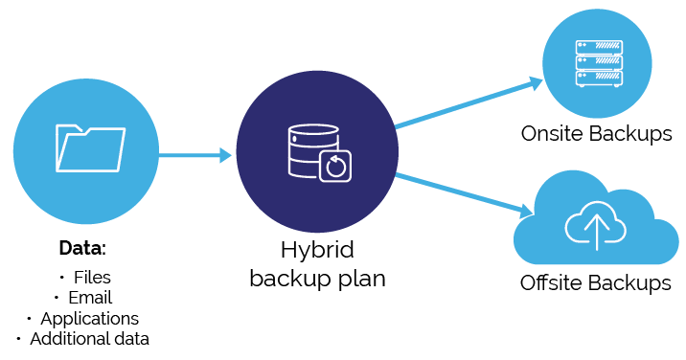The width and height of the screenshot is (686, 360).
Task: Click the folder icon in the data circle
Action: point(91,148)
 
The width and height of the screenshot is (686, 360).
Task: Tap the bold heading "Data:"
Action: point(82,248)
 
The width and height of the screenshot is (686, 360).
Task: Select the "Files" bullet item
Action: point(92,278)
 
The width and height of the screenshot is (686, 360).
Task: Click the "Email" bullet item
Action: point(90,298)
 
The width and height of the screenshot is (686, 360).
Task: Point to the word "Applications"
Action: point(90,319)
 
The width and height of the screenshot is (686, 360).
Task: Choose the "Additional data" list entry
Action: point(90,339)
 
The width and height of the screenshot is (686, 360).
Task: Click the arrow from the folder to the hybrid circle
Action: point(195,154)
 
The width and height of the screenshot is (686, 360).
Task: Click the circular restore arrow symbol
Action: point(335,167)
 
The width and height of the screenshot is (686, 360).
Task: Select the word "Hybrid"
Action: point(317,251)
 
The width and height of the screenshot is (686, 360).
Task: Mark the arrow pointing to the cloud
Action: point(464,194)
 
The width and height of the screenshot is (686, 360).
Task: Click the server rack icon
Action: point(599,63)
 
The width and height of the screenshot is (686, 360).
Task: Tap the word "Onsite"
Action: point(552,133)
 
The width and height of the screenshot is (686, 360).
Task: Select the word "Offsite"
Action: point(552,282)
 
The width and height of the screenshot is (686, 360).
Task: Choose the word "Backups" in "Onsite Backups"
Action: point(630,134)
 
